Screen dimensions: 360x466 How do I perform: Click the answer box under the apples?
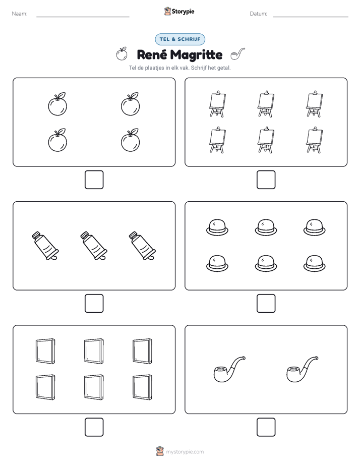(x=94, y=180)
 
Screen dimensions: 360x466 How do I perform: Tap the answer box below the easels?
(x=266, y=180)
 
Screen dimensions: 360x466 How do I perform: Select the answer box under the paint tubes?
(x=94, y=303)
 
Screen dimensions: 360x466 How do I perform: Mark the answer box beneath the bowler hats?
(x=266, y=303)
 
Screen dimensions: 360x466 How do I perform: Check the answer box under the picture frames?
(x=94, y=427)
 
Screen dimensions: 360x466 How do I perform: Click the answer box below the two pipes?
(x=266, y=427)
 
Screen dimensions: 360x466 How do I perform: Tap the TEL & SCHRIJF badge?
(x=180, y=39)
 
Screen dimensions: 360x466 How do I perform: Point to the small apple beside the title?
(x=122, y=54)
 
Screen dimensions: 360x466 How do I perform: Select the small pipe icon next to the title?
(x=237, y=54)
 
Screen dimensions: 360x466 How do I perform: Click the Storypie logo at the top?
(x=179, y=11)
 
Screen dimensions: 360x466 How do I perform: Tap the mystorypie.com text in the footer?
(x=185, y=452)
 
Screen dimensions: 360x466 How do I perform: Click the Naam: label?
(x=20, y=14)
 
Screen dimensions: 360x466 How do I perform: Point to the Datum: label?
(x=259, y=14)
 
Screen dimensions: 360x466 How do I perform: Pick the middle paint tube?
(x=94, y=246)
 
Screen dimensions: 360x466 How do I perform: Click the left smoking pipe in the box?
(x=229, y=369)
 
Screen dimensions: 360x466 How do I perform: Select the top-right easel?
(x=314, y=104)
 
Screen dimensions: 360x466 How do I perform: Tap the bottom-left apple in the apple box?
(x=57, y=140)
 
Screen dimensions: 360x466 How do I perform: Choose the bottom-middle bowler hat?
(x=266, y=263)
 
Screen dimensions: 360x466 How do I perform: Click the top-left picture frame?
(x=45, y=351)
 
